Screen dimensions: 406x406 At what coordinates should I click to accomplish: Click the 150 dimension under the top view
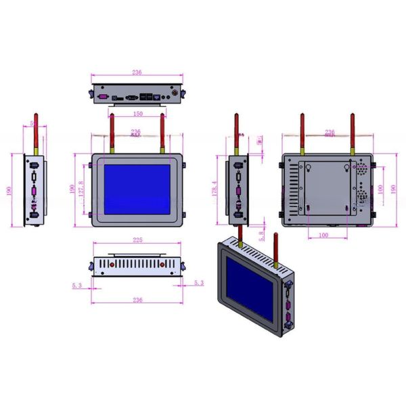(137, 114)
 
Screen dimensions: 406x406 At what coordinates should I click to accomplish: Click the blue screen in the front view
(137, 189)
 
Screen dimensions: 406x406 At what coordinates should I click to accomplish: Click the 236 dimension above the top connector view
(137, 72)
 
